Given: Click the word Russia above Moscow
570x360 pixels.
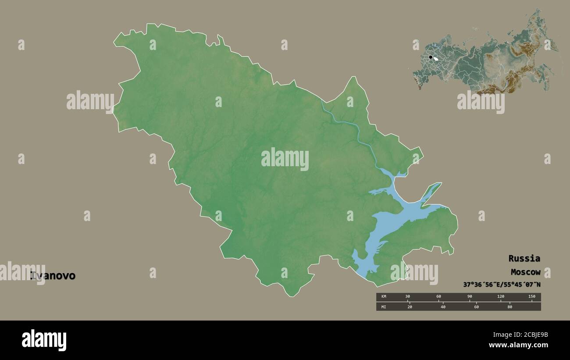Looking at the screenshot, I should click(x=524, y=258).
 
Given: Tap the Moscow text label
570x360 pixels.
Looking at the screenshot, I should click(x=525, y=272).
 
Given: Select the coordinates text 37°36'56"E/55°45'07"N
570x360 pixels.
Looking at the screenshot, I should click(x=502, y=285).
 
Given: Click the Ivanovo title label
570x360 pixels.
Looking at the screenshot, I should click(x=53, y=276).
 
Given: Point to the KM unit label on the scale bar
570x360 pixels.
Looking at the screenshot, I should click(x=384, y=297).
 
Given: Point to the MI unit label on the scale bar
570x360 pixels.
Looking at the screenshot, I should click(x=384, y=307).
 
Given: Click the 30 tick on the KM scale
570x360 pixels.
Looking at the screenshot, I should click(x=408, y=297).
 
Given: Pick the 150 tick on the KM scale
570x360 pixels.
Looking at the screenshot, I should click(x=531, y=297).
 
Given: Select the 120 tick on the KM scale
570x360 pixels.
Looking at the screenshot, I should click(x=501, y=297).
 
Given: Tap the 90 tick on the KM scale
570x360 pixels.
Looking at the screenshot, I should click(x=470, y=297).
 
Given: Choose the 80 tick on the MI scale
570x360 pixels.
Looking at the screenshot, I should click(x=510, y=307).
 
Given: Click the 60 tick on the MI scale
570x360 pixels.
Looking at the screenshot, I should click(x=477, y=307).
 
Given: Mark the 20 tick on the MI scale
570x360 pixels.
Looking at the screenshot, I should click(x=410, y=307).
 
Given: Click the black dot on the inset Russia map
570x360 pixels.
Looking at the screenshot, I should click(x=431, y=57).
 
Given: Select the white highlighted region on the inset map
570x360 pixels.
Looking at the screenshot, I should click(x=436, y=58).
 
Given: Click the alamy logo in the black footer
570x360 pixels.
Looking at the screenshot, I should click(x=44, y=340).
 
